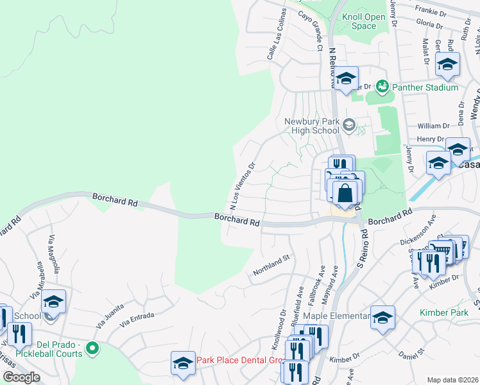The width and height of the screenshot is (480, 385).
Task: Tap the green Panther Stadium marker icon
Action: [382, 85]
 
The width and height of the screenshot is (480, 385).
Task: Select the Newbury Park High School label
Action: [311, 126]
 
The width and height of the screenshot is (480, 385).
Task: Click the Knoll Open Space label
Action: [364, 22]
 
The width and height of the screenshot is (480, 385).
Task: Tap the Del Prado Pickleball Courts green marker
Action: [92, 349]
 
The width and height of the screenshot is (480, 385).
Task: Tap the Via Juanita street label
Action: [110, 317]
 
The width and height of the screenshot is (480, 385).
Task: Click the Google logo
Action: [21, 377]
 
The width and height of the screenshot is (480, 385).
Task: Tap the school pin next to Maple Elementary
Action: [382, 318]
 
